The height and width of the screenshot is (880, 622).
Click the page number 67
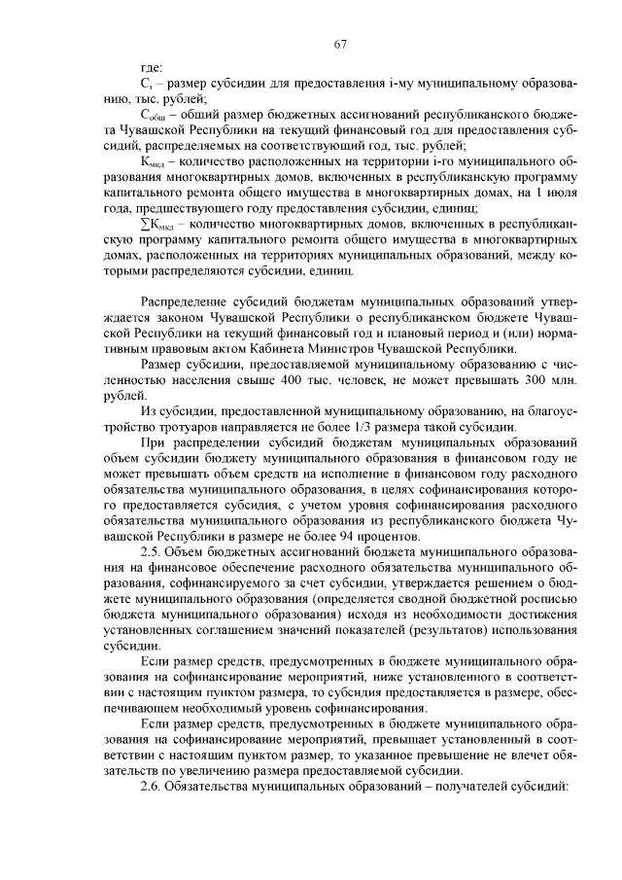[339, 43]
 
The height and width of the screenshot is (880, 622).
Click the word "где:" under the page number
[152, 68]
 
